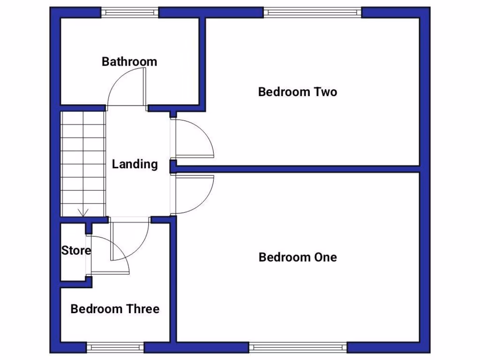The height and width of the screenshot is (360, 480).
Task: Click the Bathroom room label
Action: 129,61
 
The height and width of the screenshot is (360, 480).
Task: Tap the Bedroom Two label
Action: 298,92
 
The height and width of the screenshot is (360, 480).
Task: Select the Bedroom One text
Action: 298,257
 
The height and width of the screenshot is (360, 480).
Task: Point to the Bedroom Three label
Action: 115,309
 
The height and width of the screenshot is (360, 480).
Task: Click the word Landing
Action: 135,164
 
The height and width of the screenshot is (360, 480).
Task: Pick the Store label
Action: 76,251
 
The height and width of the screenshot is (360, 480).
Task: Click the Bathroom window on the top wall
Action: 130,13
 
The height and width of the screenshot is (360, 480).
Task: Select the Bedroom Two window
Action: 312,13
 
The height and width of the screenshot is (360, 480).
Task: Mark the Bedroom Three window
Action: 115,347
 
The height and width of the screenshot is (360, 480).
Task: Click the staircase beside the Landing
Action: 82,162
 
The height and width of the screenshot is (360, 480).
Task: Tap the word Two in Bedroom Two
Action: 326,92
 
